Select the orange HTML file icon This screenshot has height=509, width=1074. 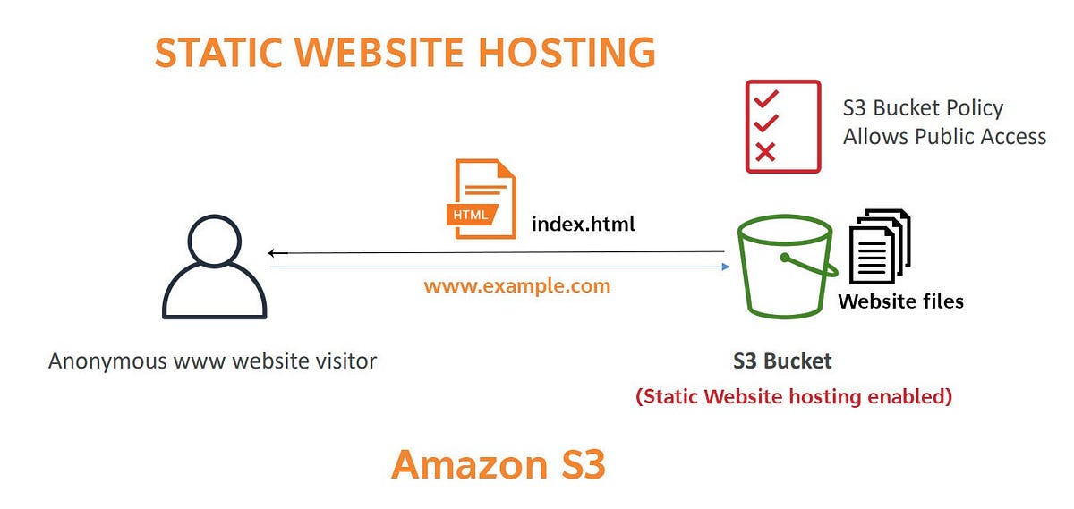tap(481, 199)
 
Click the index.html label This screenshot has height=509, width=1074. tap(583, 223)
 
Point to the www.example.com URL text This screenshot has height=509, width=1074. tap(516, 286)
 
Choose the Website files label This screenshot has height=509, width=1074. tap(900, 301)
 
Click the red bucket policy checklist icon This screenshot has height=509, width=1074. tap(782, 126)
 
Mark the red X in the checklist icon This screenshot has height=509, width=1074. tap(765, 152)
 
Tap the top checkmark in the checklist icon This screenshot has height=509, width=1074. tap(766, 97)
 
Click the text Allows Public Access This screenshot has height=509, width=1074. tap(944, 136)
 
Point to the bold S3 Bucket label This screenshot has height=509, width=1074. tap(782, 361)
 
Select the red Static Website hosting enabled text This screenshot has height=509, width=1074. tap(793, 395)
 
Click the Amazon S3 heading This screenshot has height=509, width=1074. tap(499, 464)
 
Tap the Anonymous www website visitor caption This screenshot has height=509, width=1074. tap(212, 361)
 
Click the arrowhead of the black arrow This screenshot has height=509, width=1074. tap(272, 253)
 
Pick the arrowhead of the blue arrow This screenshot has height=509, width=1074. tap(725, 266)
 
